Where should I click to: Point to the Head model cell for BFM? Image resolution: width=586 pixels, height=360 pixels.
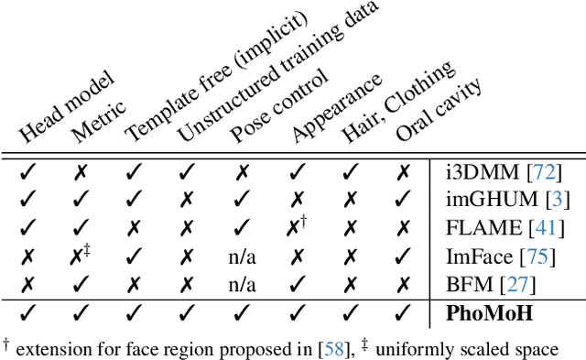27,283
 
